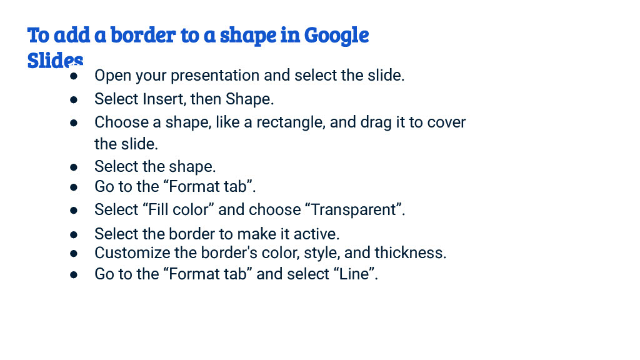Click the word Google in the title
coord(336,36)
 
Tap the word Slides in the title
coord(55,60)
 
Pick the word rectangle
coord(291,122)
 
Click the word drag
coord(376,122)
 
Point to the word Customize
coord(131,253)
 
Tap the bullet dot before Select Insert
coord(74,99)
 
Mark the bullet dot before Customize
coord(74,254)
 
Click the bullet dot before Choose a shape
coord(74,122)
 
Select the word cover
coord(446,122)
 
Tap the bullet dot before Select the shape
coord(74,167)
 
